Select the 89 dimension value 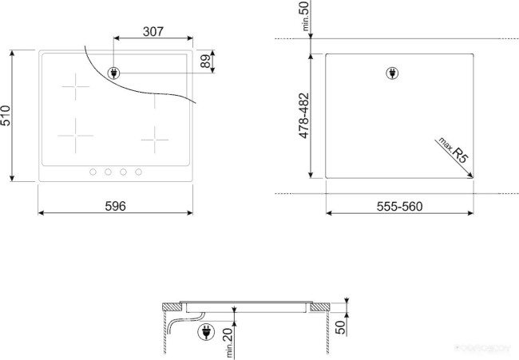pos(205,61)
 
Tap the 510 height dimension pos(6,117)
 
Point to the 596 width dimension pos(116,206)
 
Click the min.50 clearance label pos(303,17)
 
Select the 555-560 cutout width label pos(398,206)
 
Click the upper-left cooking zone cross pos(77,87)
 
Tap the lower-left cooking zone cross pos(76,136)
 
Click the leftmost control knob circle pos(93,172)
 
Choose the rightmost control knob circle pos(138,172)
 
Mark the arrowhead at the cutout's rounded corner pos(469,175)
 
